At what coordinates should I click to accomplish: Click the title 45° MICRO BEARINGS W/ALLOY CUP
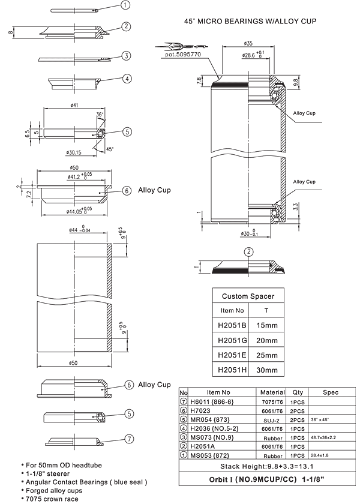pyautogui.click(x=250, y=21)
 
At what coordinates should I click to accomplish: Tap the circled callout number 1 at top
pyautogui.click(x=125, y=5)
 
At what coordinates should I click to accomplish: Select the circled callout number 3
pyautogui.click(x=125, y=56)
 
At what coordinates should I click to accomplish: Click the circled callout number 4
pyautogui.click(x=127, y=79)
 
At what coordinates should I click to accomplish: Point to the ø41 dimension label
pyautogui.click(x=75, y=106)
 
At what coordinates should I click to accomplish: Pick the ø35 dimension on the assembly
pyautogui.click(x=248, y=43)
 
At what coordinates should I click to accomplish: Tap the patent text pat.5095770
pyautogui.click(x=184, y=54)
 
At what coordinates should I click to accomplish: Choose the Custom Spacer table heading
pyautogui.click(x=248, y=296)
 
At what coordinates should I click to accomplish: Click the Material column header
pyautogui.click(x=273, y=392)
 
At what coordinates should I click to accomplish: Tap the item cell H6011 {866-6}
pyautogui.click(x=210, y=401)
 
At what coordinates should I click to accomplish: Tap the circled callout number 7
pyautogui.click(x=128, y=439)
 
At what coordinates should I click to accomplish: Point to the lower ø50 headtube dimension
pyautogui.click(x=75, y=363)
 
